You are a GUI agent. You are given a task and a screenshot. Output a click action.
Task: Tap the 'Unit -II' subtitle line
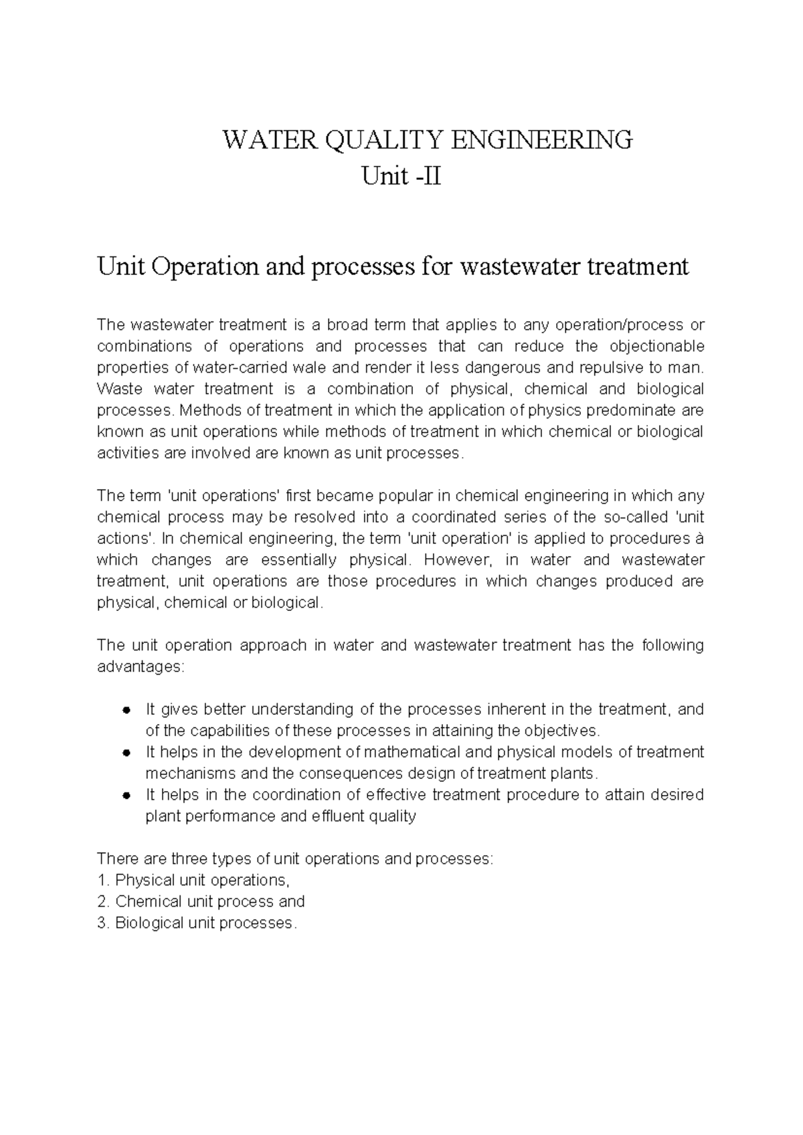tap(401, 177)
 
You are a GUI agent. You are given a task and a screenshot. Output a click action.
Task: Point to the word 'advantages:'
tap(139, 667)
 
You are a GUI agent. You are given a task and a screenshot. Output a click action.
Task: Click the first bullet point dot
tap(125, 710)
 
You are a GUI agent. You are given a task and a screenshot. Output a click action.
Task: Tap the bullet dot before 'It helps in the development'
tap(125, 753)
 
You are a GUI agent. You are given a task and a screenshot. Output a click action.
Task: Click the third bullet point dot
tap(125, 796)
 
